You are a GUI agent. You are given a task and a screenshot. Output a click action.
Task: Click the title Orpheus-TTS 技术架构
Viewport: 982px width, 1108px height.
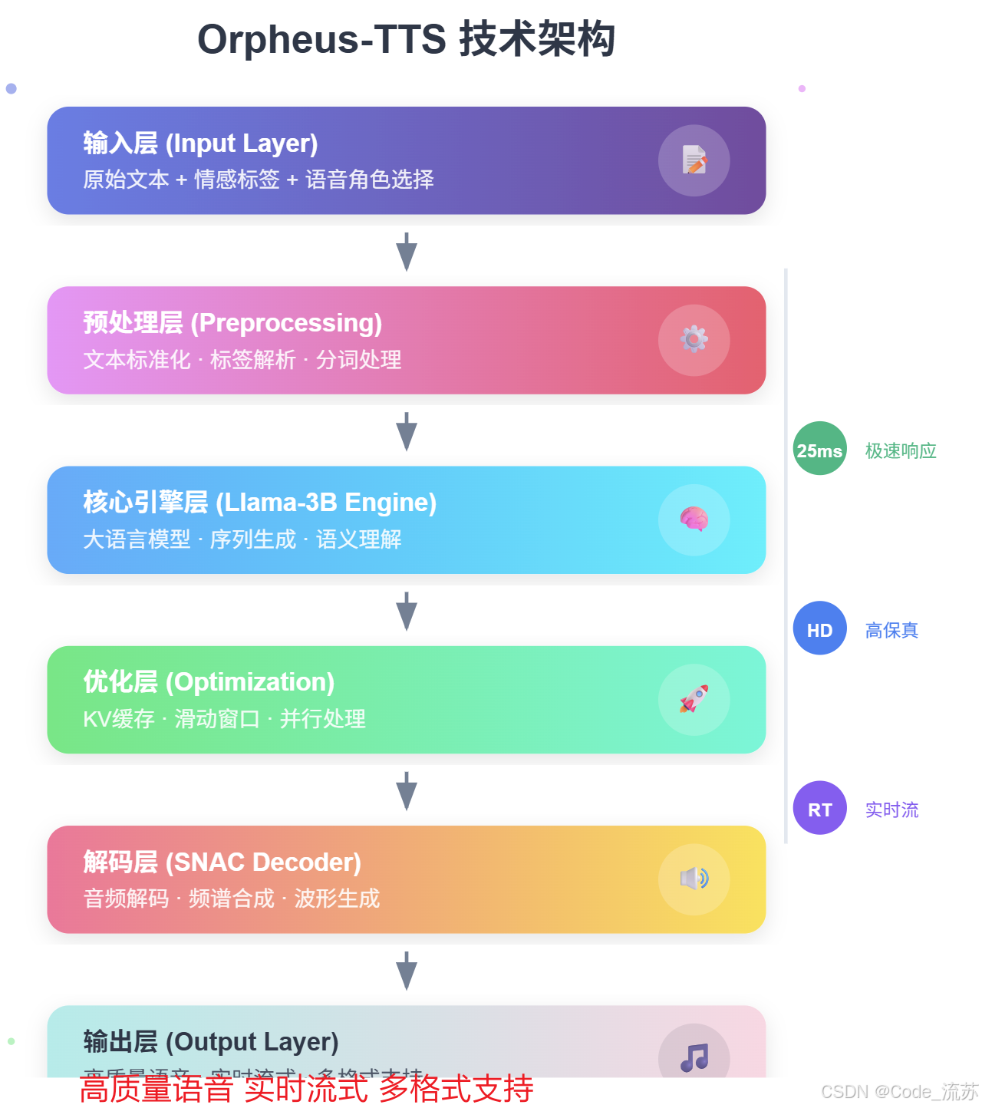point(406,39)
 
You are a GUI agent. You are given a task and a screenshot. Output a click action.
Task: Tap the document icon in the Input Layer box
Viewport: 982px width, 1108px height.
point(694,160)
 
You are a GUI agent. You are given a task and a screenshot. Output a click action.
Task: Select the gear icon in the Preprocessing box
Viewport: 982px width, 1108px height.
point(694,340)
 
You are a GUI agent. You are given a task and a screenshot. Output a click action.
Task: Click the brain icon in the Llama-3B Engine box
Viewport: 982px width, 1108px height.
point(694,519)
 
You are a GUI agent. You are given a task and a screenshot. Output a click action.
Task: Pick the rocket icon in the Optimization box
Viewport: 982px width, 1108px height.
point(694,699)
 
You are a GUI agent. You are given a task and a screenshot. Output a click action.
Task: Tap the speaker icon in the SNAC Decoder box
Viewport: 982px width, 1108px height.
point(694,879)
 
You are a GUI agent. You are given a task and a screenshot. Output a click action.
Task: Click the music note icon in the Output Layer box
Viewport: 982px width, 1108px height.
point(694,1057)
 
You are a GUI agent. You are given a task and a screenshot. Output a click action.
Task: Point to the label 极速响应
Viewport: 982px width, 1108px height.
point(901,450)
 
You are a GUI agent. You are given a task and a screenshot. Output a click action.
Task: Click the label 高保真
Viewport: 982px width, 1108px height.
point(891,630)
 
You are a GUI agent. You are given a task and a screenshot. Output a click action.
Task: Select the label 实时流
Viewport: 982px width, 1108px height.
point(891,810)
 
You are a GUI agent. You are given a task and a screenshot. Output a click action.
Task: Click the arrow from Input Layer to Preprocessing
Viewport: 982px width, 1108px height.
point(407,252)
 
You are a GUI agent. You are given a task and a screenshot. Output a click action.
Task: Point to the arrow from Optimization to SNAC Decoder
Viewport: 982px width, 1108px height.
point(407,791)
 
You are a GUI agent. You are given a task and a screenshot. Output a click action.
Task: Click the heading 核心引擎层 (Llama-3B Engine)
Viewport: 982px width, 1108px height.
point(260,503)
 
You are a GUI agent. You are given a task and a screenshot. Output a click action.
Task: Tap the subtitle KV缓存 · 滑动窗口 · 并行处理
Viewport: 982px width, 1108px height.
point(224,719)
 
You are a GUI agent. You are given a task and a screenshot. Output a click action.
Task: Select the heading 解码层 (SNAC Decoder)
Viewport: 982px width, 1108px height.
point(222,862)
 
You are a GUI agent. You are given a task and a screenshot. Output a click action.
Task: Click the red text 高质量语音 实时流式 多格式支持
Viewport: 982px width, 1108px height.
point(306,1089)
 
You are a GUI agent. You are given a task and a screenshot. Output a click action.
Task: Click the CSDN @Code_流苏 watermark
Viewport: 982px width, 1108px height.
point(899,1091)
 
